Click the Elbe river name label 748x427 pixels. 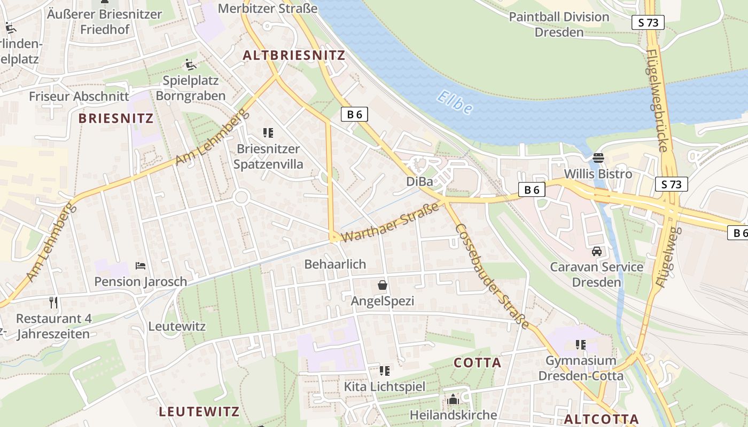pos(455,102)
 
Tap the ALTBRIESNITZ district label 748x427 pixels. pos(294,55)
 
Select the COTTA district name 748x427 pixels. pos(478,363)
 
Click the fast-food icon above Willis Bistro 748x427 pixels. pos(598,158)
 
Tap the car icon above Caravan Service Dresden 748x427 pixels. pos(597,251)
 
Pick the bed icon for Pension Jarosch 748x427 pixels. pos(141,265)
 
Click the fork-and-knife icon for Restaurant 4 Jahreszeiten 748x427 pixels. pos(53,303)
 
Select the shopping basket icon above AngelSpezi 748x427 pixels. pos(383,285)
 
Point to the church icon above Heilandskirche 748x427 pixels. pos(453,399)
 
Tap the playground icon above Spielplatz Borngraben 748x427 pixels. pos(191,65)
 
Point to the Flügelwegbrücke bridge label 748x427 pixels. pos(658,100)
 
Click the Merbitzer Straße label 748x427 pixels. pos(268,9)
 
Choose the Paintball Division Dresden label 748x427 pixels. pos(559,24)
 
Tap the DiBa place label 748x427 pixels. pos(419,181)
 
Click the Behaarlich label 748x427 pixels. pos(335,264)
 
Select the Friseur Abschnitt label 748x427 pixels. pos(79,97)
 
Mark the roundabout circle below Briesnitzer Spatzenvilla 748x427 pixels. pos(241,197)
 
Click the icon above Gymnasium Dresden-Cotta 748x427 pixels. pos(581,345)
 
